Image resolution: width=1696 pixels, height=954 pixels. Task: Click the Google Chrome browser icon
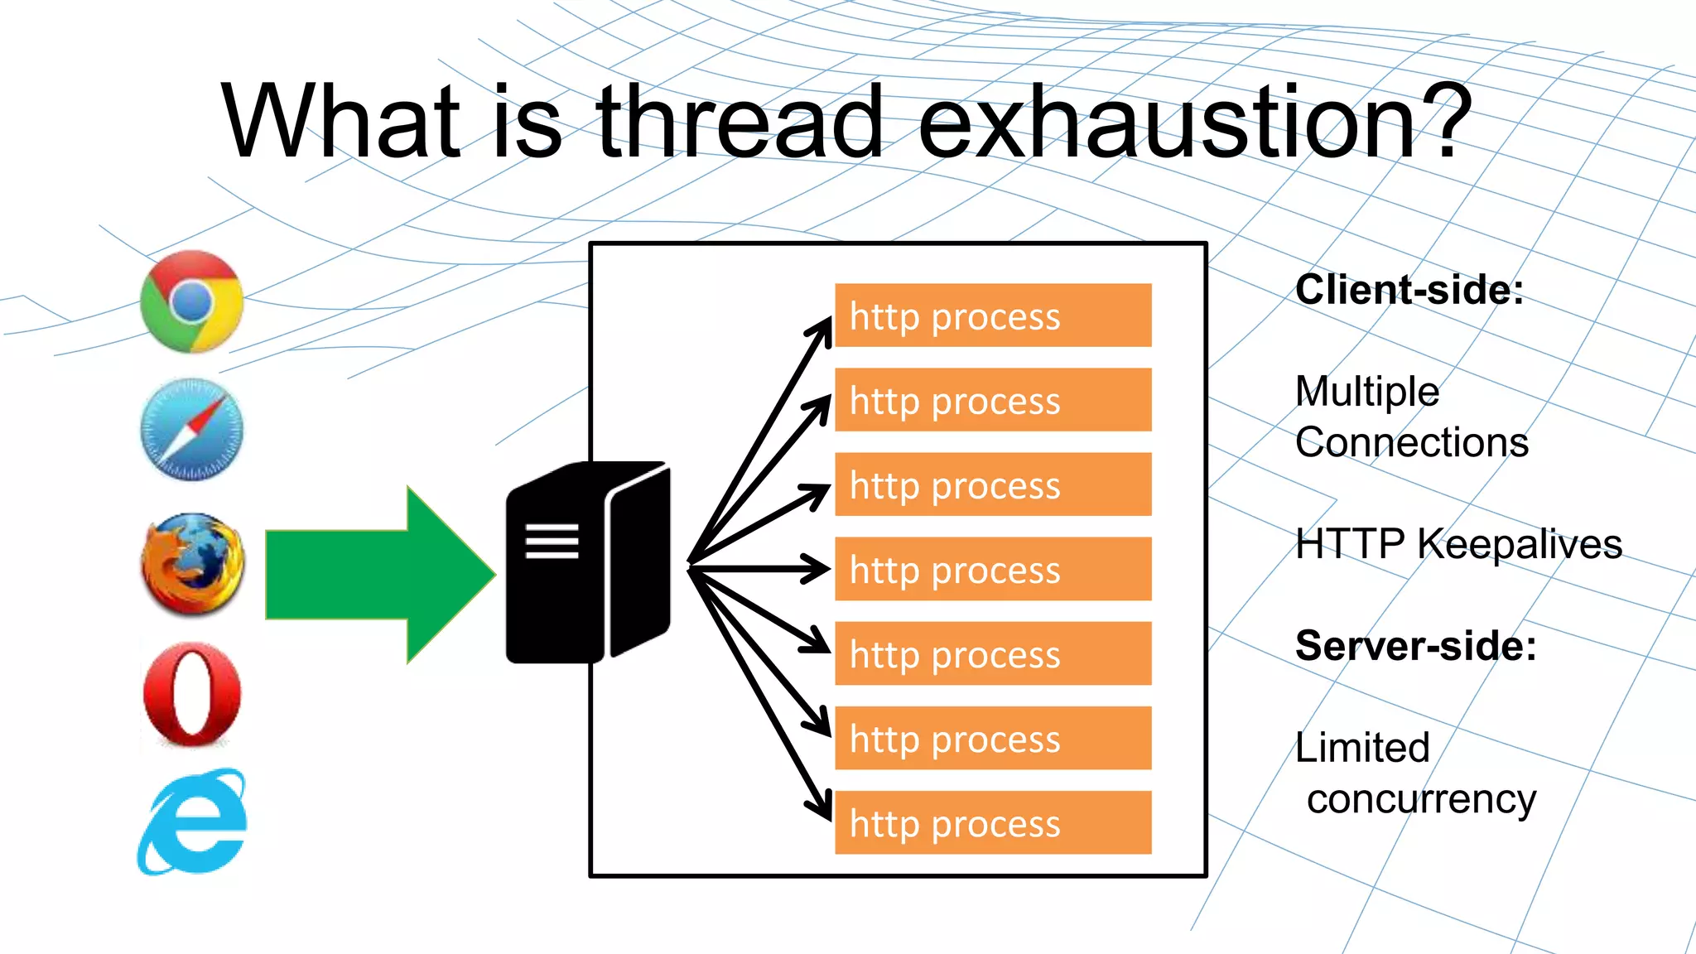point(192,301)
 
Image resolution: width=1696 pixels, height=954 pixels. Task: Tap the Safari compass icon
point(192,430)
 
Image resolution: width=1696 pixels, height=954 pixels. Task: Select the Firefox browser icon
point(192,564)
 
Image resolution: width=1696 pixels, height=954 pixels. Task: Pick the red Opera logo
point(192,694)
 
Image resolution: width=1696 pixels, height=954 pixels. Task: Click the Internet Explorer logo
point(192,822)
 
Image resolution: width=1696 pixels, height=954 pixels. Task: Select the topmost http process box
point(992,316)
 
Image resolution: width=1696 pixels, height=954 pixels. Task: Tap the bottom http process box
point(992,822)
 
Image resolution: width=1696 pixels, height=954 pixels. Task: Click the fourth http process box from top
point(992,569)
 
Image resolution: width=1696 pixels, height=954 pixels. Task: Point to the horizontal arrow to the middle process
point(758,568)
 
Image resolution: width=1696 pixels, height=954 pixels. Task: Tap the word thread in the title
point(740,123)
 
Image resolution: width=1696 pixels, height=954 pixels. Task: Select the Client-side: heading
point(1409,290)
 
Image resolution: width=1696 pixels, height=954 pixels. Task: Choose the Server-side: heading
point(1415,646)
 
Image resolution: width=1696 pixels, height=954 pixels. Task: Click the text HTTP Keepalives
point(1458,544)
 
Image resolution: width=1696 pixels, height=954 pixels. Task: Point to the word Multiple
point(1367,392)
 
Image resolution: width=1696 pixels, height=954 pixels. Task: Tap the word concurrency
point(1421,800)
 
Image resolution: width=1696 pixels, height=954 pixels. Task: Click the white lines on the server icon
point(552,541)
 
